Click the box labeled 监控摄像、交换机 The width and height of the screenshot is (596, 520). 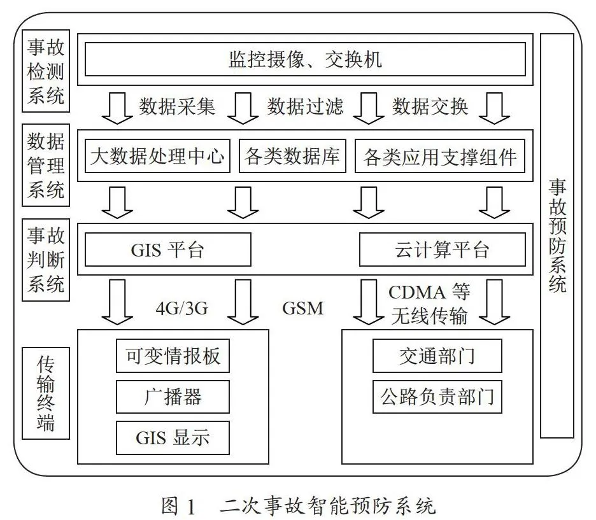(x=305, y=59)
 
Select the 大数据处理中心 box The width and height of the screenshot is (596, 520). (x=157, y=156)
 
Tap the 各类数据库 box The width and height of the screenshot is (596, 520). (x=292, y=156)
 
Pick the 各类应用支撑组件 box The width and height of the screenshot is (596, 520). (x=440, y=156)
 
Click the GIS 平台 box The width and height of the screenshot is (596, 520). (x=168, y=249)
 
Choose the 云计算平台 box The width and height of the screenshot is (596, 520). (x=443, y=249)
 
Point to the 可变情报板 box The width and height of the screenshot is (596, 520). (x=173, y=356)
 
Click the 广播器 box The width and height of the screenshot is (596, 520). (x=173, y=397)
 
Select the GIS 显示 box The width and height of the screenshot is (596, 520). (x=173, y=437)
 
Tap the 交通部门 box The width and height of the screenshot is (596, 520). (x=437, y=356)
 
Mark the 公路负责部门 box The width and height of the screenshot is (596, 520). (x=437, y=397)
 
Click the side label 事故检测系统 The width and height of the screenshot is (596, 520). (x=46, y=71)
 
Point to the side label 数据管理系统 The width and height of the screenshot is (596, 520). (x=46, y=165)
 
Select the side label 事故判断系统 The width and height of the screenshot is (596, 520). (x=46, y=260)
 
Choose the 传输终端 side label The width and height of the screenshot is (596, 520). (x=46, y=393)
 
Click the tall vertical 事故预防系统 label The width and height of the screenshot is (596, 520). (x=557, y=235)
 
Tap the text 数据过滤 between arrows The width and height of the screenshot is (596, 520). (x=305, y=106)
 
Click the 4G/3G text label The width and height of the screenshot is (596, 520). (x=182, y=308)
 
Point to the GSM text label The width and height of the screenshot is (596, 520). (x=303, y=308)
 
